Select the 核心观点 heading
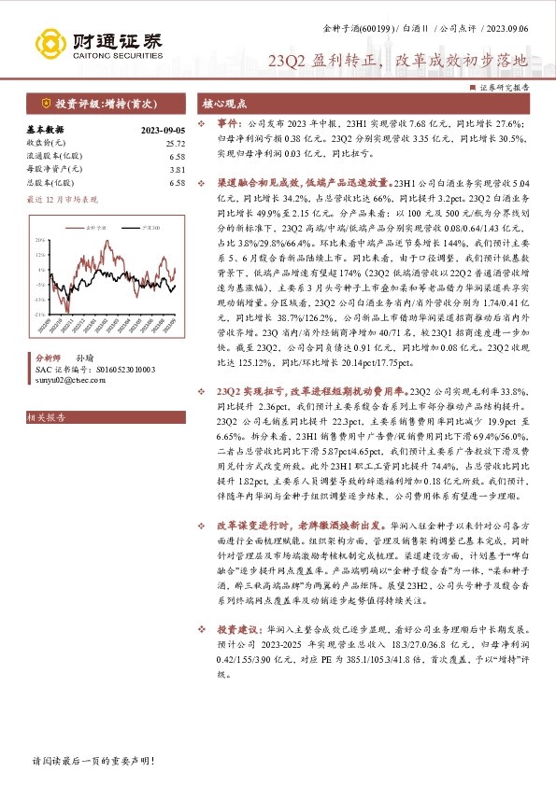225,103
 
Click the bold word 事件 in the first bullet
227,122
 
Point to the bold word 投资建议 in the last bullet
237,657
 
